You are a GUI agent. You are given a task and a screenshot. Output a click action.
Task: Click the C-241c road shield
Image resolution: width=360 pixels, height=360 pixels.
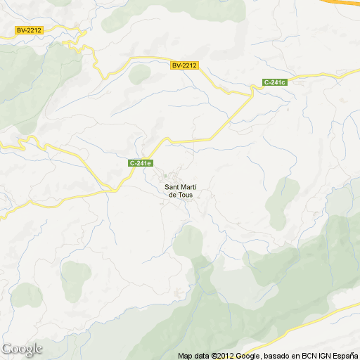click(276, 83)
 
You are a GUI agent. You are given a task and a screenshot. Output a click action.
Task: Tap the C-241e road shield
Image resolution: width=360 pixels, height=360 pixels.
click(141, 163)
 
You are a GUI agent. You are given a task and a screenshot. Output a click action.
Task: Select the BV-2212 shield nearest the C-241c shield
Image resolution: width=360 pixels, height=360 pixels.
click(185, 65)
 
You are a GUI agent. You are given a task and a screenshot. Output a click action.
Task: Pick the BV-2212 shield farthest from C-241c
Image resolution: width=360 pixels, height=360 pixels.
click(30, 30)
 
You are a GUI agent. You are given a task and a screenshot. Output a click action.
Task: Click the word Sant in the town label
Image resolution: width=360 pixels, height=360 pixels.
click(172, 187)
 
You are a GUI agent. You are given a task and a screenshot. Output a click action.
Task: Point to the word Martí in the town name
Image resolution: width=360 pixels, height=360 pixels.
click(187, 187)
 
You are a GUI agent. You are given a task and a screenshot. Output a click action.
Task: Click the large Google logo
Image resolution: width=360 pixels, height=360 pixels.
click(22, 349)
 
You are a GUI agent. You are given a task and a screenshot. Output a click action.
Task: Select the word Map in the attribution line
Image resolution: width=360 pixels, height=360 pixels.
click(185, 356)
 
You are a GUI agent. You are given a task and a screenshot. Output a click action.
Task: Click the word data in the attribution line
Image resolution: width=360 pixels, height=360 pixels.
click(200, 356)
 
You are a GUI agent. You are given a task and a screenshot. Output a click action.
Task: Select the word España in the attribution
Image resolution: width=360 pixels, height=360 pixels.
click(342, 356)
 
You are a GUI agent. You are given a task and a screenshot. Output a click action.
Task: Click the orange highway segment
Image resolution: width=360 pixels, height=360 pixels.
click(348, 2)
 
